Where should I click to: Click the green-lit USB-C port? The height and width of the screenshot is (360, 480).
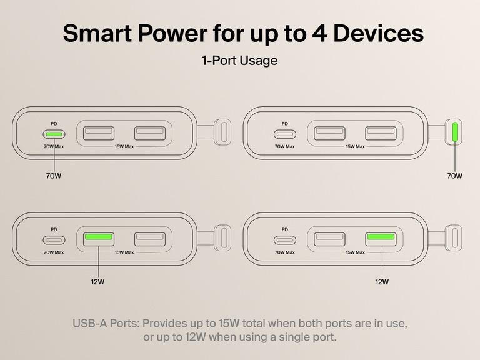click(x=53, y=134)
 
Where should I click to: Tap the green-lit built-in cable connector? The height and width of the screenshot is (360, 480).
click(x=454, y=132)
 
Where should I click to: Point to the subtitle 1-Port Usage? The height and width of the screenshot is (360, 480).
click(x=239, y=61)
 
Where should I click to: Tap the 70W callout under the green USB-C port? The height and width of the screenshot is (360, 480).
click(x=53, y=176)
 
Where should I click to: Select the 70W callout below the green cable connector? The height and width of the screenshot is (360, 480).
click(x=454, y=176)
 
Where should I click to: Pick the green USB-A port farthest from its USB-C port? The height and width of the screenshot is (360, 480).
click(x=381, y=238)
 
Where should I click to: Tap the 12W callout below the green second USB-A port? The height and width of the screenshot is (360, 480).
click(x=381, y=282)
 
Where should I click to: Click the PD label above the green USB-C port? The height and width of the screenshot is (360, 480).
click(x=54, y=124)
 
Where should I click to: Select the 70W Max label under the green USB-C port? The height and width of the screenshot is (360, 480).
click(x=54, y=147)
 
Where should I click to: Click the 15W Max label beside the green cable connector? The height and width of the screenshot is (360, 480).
click(x=355, y=147)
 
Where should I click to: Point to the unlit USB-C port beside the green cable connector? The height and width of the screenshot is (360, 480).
click(x=284, y=134)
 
